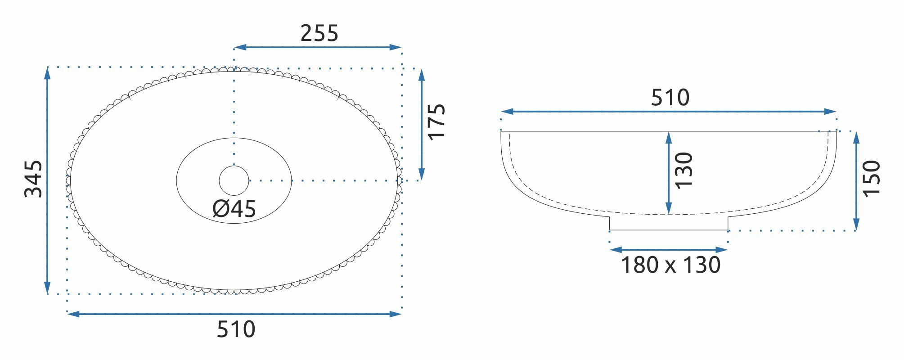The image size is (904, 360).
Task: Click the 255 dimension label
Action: [319, 33]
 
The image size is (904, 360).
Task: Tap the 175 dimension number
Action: [436, 122]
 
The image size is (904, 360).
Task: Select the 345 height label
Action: [33, 179]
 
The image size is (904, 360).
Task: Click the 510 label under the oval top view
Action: [236, 329]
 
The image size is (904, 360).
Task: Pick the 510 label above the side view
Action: [670, 98]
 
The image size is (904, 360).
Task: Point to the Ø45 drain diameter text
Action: [234, 209]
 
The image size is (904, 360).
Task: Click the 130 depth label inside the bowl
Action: [684, 170]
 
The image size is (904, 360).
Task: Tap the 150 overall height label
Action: [871, 178]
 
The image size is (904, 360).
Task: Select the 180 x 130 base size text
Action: [670, 265]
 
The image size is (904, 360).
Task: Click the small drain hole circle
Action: [234, 180]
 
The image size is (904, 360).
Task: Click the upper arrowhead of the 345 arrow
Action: [48, 72]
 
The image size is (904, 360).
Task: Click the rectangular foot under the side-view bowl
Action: [669, 223]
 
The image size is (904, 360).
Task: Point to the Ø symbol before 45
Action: [220, 209]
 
